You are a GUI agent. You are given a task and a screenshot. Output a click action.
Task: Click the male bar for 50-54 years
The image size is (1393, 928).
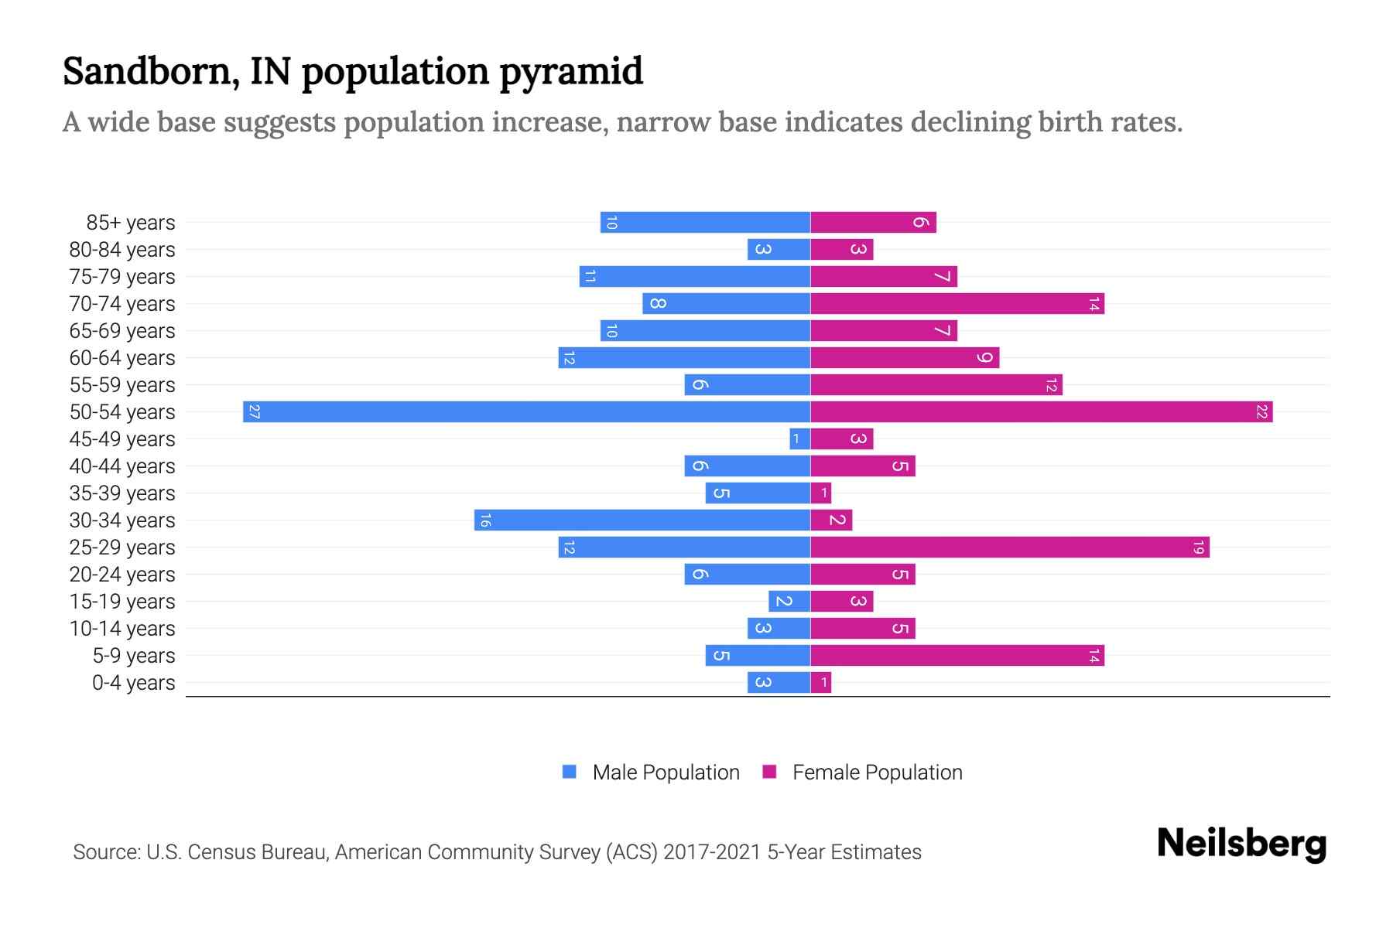point(526,411)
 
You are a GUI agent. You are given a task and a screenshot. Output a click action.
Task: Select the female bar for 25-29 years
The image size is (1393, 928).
point(1010,547)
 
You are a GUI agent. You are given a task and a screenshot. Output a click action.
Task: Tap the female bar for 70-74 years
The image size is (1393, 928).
point(957,303)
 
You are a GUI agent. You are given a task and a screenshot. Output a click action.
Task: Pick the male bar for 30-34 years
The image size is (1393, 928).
point(642,520)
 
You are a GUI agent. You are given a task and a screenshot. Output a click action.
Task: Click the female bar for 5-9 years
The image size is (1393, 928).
point(957,655)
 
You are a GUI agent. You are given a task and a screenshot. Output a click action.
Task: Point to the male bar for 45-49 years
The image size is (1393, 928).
point(799,438)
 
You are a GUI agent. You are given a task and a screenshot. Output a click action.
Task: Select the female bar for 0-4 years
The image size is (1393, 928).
point(821,682)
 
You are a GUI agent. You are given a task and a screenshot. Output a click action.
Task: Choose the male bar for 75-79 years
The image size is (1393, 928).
point(694,276)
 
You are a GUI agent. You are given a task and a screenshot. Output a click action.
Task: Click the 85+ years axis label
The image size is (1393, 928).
point(130,223)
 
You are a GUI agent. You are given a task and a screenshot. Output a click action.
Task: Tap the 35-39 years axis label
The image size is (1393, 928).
point(122,493)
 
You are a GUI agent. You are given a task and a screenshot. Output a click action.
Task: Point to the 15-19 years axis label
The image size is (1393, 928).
point(122,602)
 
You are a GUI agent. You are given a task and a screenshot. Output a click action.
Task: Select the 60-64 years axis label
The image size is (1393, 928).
point(122,358)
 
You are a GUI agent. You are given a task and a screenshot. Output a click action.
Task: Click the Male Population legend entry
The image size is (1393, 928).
point(666,772)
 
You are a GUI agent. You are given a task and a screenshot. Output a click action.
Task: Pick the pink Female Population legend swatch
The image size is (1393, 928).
point(769,771)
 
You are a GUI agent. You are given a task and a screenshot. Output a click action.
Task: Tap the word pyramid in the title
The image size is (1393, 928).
point(570,71)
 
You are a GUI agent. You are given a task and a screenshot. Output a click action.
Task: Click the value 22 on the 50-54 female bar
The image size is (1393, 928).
point(1261,411)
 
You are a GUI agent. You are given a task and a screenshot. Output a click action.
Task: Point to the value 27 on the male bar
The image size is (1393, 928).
point(254,411)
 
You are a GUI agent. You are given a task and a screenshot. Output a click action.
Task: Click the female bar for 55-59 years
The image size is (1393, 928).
point(936,384)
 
